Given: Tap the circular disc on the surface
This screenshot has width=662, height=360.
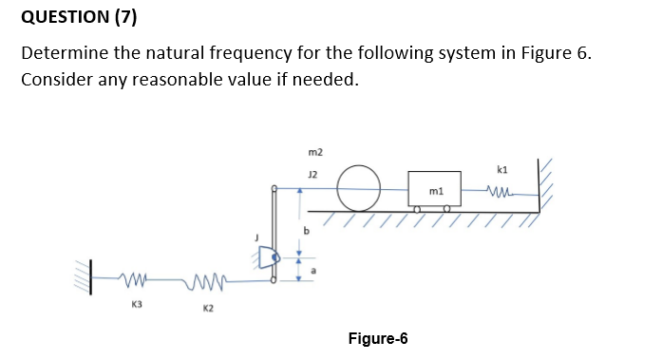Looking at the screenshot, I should [x=361, y=187].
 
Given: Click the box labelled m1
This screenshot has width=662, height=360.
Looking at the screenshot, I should [x=434, y=188].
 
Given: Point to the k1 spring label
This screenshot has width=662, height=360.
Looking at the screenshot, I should [x=502, y=169].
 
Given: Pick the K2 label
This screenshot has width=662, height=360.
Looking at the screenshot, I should [x=208, y=308].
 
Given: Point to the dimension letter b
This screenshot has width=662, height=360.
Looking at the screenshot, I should [x=306, y=229].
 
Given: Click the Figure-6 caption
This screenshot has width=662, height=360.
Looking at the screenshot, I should [x=378, y=338].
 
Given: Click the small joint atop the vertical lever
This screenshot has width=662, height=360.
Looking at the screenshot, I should [x=274, y=186].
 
